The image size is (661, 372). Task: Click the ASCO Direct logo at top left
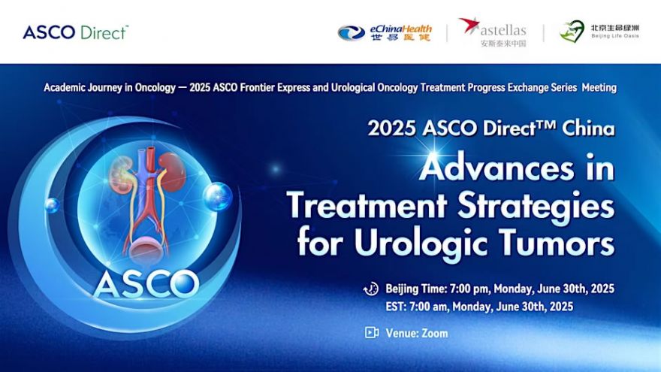coord(75,32)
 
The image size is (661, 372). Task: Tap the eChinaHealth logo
coord(385,32)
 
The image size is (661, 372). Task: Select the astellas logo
coord(493,32)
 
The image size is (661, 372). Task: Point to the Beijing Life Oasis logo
coord(599,32)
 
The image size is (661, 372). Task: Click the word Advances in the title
coord(497,168)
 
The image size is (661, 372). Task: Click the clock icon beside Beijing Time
coord(371,289)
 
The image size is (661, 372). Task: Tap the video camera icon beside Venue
coord(371,333)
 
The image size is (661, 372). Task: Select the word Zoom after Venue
coord(435,333)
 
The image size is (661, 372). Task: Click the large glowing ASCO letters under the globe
coord(146,284)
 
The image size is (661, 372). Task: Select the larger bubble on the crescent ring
coord(218,197)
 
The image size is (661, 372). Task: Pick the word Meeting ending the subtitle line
coord(599,88)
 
